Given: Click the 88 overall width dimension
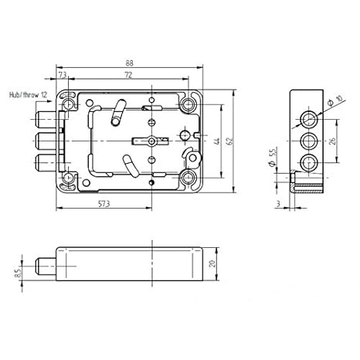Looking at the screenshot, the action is click(129, 63).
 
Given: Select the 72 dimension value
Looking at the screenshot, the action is click(128, 75).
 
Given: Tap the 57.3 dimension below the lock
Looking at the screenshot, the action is click(104, 204).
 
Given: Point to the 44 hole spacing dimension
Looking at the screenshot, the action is click(218, 141).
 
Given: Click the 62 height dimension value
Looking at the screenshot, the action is click(230, 141).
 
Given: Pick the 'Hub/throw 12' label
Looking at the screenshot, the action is click(29, 95).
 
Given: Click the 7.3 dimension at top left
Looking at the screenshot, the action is click(63, 75).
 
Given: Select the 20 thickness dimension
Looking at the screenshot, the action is click(212, 263).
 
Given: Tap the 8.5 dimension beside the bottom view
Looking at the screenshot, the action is click(18, 273).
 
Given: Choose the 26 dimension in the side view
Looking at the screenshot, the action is click(332, 141).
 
